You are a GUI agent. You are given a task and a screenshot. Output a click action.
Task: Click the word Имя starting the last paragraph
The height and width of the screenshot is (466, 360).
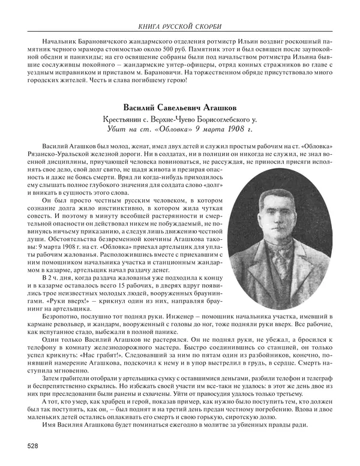(51, 426)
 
